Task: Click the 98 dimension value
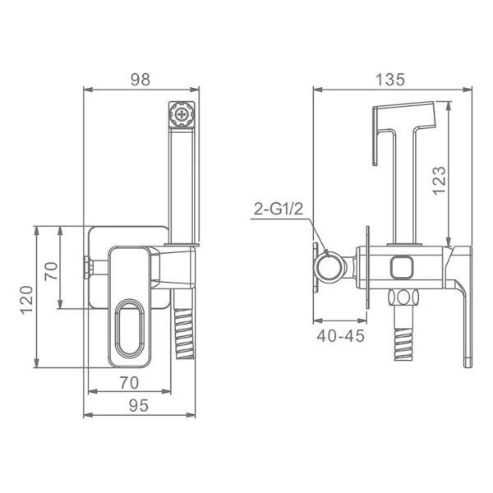click(141, 80)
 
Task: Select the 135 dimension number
click(390, 80)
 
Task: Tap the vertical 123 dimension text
click(440, 181)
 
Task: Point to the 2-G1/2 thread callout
click(279, 209)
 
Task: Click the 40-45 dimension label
click(341, 336)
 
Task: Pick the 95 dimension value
click(139, 406)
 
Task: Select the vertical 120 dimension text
click(26, 300)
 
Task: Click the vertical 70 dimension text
click(51, 271)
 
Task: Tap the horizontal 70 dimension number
click(129, 383)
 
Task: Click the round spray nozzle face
click(182, 114)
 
